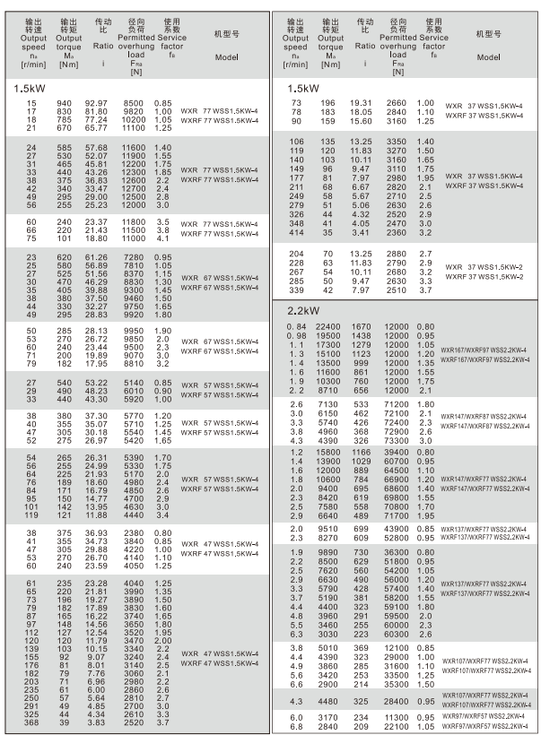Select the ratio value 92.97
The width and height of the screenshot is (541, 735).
pyautogui.click(x=96, y=105)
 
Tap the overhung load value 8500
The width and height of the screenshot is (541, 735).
pyautogui.click(x=134, y=105)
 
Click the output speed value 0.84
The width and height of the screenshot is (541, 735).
pyautogui.click(x=296, y=327)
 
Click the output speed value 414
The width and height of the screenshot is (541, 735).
pyautogui.click(x=296, y=233)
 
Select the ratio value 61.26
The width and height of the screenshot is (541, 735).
pyautogui.click(x=96, y=258)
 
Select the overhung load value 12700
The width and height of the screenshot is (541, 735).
pyautogui.click(x=134, y=189)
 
